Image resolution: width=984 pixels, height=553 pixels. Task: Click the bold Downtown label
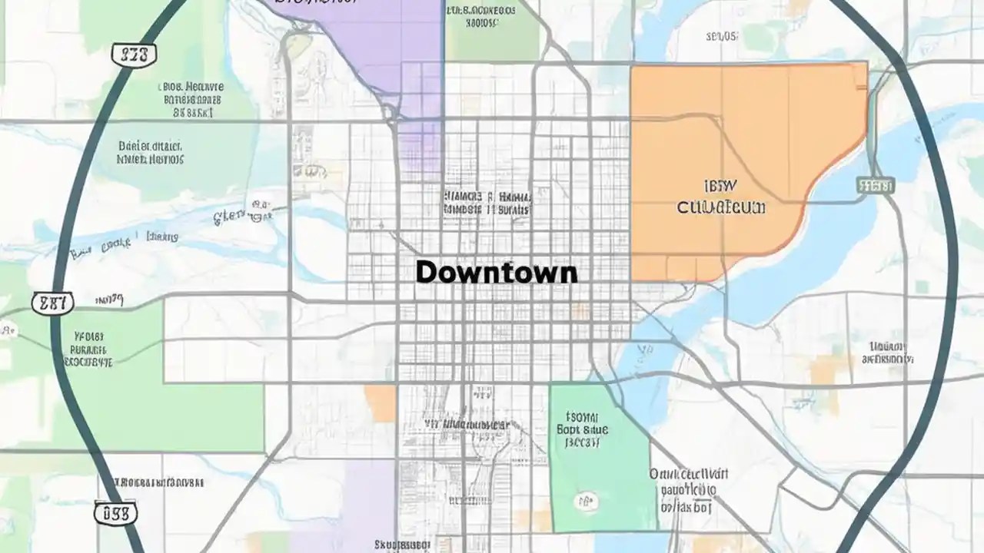496,272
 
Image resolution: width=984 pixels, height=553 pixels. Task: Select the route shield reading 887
52,303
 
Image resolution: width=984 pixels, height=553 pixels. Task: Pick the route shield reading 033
115,512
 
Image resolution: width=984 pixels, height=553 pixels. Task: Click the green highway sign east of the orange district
875,185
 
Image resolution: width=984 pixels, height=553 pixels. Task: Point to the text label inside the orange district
721,197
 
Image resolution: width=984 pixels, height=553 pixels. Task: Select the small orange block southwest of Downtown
380,402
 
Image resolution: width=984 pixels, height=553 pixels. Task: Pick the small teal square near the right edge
922,287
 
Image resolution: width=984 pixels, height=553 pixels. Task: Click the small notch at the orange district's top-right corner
861,68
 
